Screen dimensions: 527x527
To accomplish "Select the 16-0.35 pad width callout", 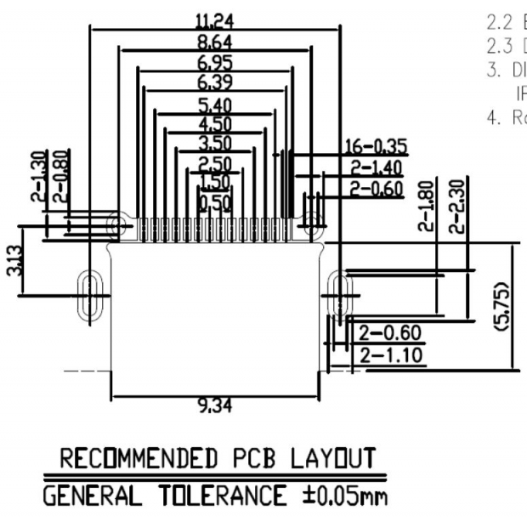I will (x=375, y=147).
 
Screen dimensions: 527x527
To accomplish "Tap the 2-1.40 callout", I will (x=375, y=167).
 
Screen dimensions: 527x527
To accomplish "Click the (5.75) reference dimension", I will (x=502, y=305).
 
